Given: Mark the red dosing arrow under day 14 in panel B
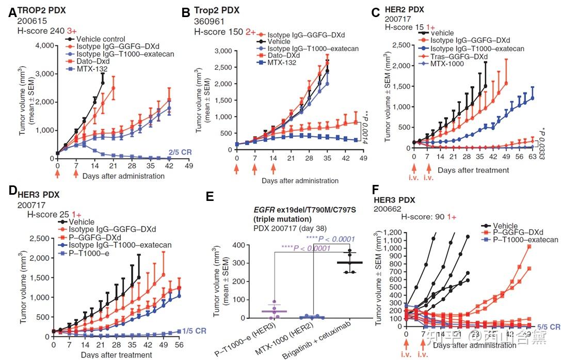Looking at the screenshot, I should pos(274,169).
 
